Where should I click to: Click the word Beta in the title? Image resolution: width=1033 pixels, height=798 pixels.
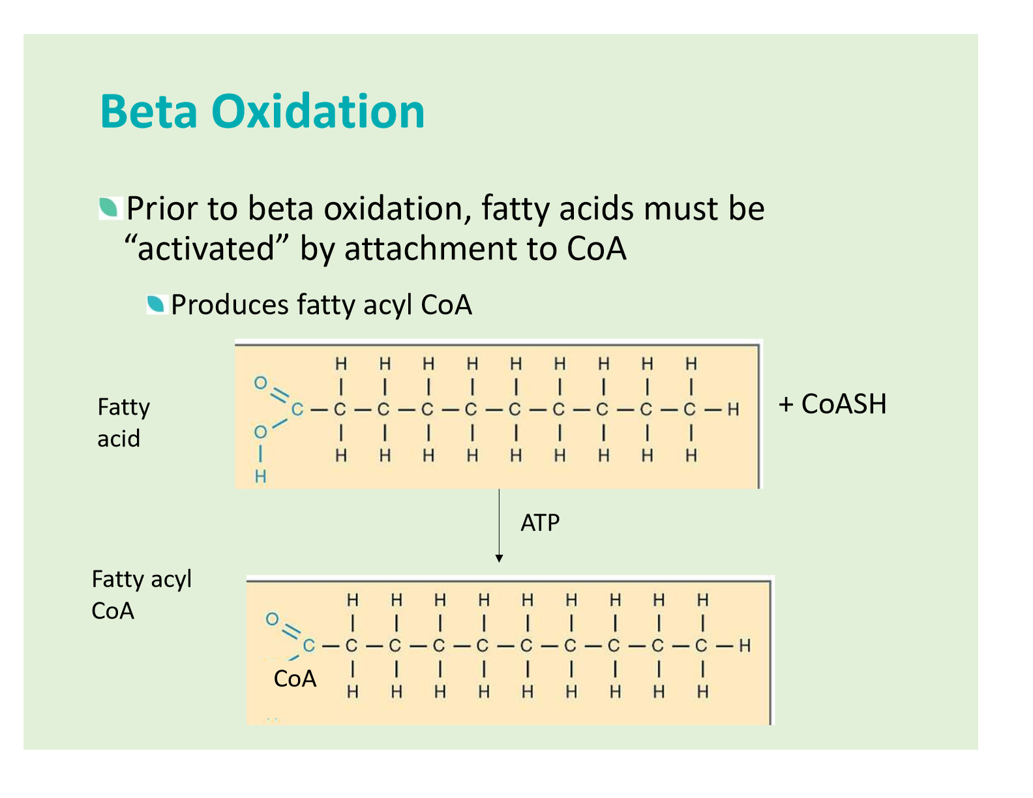point(148,111)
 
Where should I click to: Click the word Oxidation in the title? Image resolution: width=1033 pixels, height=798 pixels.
point(318,111)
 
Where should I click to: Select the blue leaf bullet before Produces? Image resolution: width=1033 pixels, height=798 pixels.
point(157,304)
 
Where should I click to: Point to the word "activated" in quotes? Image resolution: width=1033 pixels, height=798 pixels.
point(206,248)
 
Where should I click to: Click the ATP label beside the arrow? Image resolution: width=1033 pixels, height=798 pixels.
point(539,523)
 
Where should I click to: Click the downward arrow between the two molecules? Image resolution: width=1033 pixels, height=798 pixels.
point(499,525)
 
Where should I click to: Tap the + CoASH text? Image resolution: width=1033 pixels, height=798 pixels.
point(832,404)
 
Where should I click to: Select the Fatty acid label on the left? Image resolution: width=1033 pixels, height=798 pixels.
point(124,422)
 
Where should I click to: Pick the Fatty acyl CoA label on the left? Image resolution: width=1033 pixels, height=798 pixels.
point(141,594)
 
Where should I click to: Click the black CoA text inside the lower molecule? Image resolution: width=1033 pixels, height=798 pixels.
point(295,678)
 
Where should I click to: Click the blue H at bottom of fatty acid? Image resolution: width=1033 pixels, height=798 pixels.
point(260,476)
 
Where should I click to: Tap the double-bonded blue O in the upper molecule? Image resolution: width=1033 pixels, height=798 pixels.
point(260,383)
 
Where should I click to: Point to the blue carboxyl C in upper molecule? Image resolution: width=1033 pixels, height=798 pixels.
point(297,409)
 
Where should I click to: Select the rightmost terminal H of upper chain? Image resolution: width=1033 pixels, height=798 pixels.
point(733,409)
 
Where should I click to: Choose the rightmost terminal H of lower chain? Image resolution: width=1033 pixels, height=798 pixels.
point(745,645)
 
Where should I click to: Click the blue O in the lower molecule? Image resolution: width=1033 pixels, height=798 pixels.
point(272,619)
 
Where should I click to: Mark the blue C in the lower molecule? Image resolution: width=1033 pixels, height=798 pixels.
point(309,645)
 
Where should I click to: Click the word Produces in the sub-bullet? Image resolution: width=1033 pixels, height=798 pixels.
point(230,304)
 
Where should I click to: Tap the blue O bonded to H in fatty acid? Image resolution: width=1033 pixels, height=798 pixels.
point(260,432)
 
